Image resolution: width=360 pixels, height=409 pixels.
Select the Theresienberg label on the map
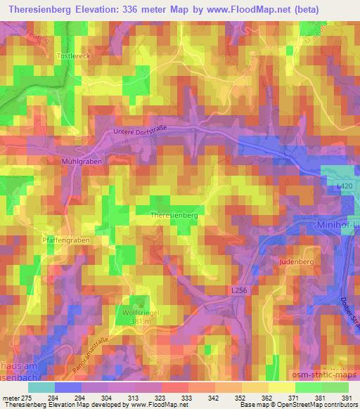[174, 215]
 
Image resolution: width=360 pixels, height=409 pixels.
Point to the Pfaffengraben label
[67, 240]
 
